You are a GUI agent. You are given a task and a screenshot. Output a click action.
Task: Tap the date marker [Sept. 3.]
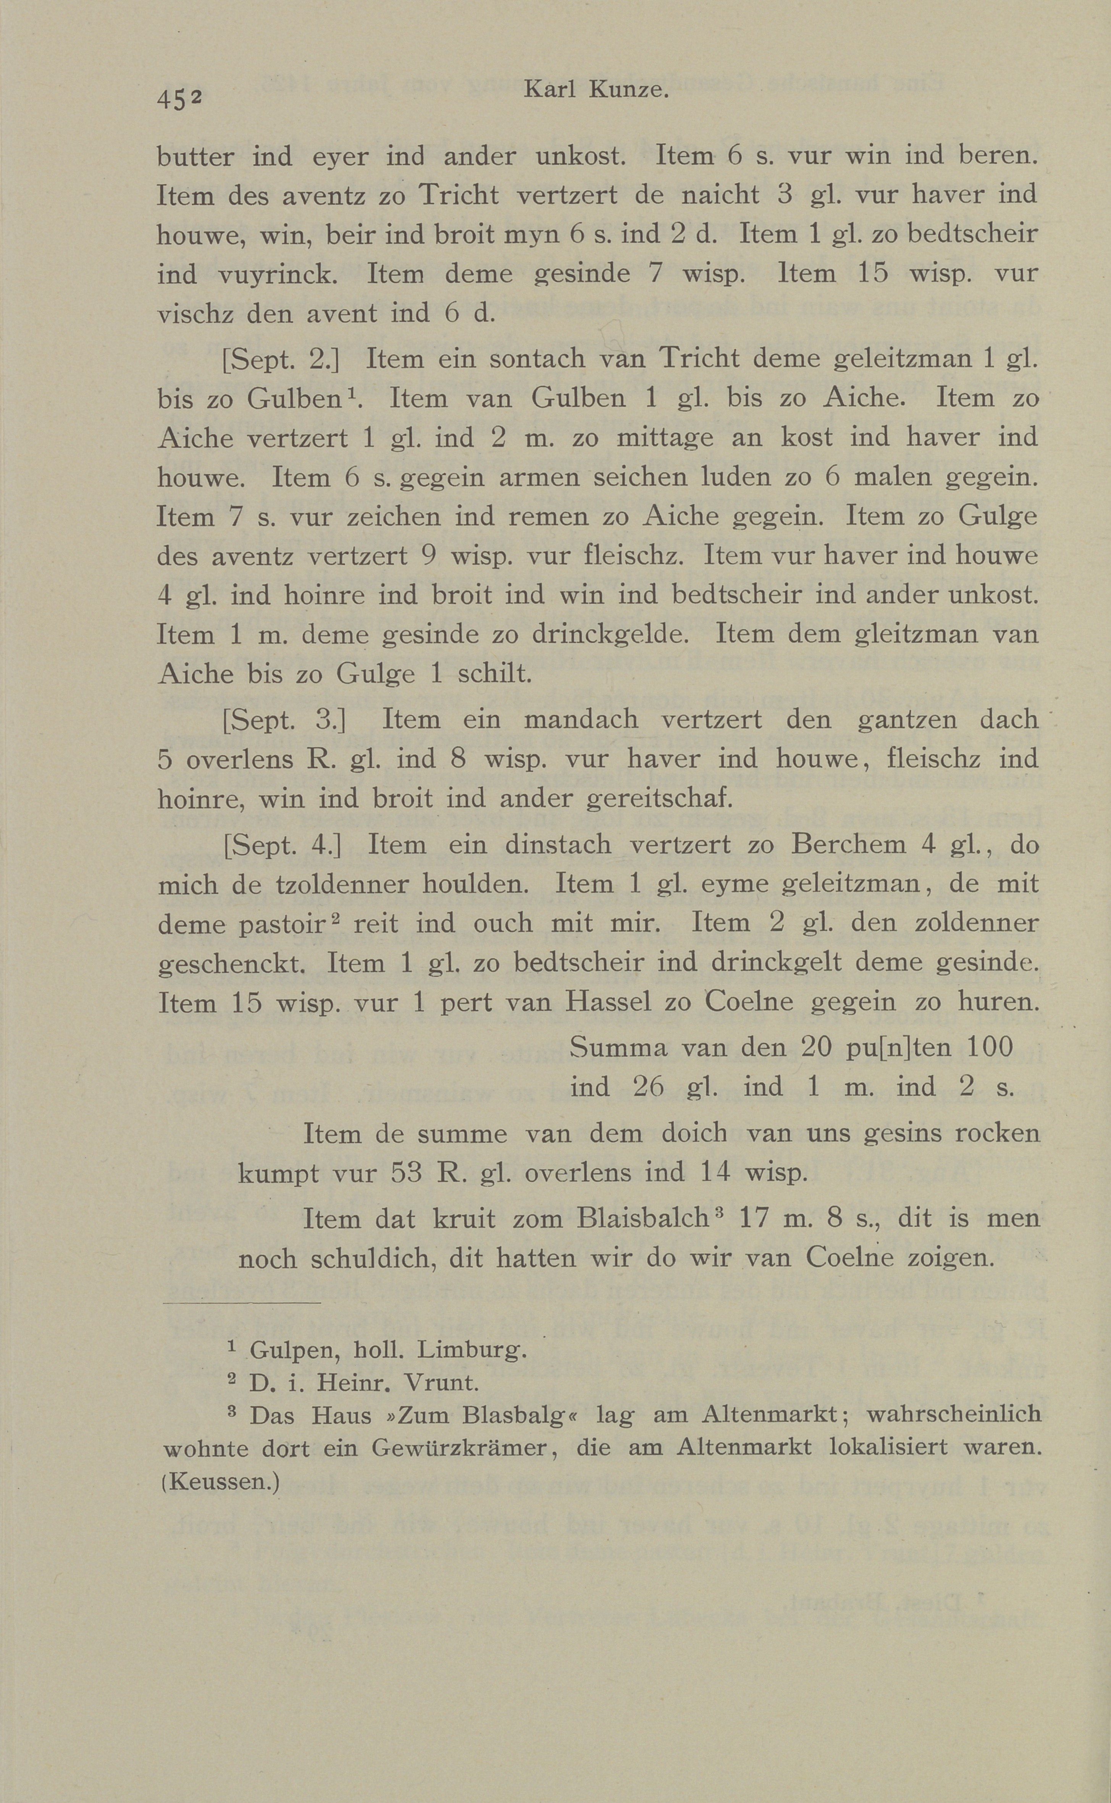coord(283,719)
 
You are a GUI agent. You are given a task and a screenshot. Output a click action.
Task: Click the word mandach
coord(580,719)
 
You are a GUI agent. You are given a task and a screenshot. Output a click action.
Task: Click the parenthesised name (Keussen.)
coord(220,1481)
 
